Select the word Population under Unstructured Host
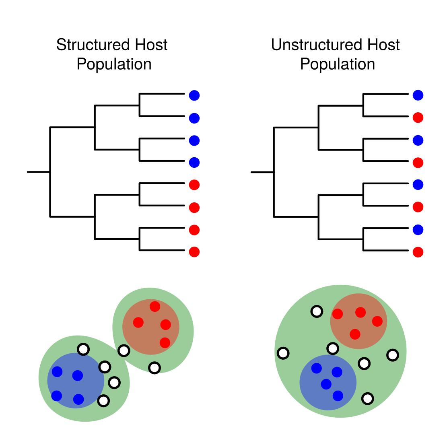coord(337,64)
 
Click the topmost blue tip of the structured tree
coord(194,96)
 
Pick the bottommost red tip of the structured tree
coord(194,252)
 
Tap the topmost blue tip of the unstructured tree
coord(418,95)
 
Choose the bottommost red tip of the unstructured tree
coord(418,252)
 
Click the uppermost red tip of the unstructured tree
coord(418,118)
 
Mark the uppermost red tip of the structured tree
coord(194,185)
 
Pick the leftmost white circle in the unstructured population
coord(283,353)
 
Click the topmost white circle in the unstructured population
coord(317,311)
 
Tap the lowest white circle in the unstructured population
coord(367,399)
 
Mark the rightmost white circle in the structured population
coord(154,367)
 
